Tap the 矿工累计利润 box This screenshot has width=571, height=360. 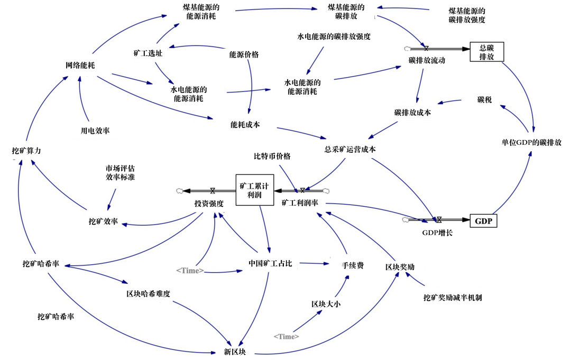254,190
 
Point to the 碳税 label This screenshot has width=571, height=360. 484,99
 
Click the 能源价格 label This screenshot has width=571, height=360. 244,54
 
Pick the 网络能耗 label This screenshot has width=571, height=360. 80,66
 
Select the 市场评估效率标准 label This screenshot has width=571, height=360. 120,173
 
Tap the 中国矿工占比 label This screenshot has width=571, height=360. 270,263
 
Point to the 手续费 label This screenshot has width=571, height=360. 353,265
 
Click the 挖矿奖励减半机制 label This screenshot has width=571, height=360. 453,298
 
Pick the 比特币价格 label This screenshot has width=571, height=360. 272,156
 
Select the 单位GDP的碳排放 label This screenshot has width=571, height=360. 531,142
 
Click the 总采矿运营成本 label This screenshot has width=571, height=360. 350,150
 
